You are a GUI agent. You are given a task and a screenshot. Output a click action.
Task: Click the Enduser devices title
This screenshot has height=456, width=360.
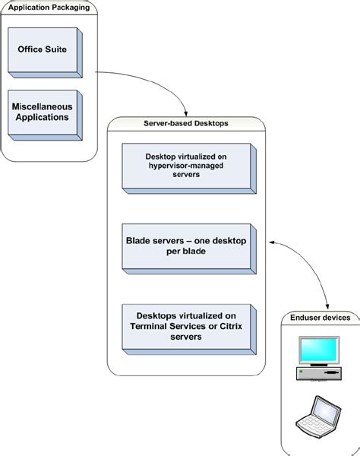click(321, 317)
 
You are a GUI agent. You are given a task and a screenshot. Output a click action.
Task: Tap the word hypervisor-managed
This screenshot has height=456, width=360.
click(179, 165)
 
